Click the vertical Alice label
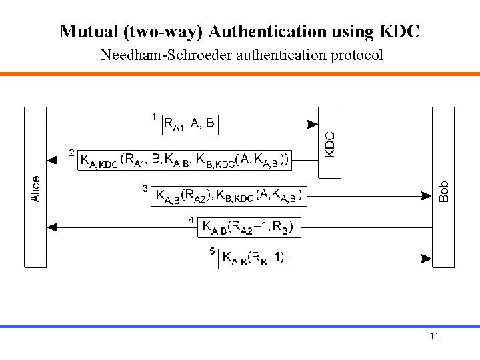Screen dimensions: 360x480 coord(35,188)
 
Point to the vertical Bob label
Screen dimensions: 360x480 coord(444,192)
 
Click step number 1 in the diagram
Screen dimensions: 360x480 coord(154,117)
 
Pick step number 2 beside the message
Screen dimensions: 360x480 coord(72,153)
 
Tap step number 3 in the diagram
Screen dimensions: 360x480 coord(145,189)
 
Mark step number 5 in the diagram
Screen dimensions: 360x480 coord(213,251)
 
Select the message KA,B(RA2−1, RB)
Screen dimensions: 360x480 coord(247,228)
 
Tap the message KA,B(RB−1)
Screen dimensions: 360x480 coord(253,257)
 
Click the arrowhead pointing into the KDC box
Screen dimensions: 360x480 coord(313,123)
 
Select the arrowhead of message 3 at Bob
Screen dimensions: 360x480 coord(427,196)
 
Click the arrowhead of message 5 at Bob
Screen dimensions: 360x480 coord(427,257)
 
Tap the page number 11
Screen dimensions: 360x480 coord(435,336)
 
